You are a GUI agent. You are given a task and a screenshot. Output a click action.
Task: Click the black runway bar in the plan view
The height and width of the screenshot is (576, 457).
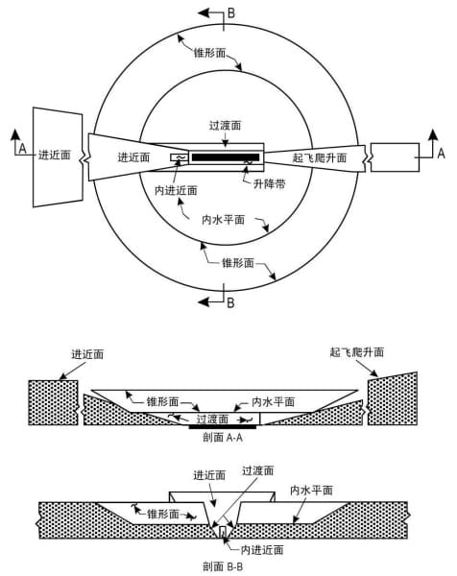pos(226,157)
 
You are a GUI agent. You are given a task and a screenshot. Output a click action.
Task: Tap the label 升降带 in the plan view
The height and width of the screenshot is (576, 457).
pos(269,183)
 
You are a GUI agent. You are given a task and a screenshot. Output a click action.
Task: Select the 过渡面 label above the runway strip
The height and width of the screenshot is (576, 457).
pos(226,126)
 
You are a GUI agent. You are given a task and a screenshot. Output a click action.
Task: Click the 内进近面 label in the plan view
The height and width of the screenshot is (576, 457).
pos(176,190)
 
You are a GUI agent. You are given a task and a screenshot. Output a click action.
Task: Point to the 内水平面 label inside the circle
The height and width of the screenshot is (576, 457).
pos(224,220)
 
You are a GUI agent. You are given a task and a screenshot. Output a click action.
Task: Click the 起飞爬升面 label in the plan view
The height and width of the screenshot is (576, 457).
pos(320,157)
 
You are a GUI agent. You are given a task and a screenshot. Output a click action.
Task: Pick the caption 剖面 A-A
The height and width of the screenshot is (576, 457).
pos(223,438)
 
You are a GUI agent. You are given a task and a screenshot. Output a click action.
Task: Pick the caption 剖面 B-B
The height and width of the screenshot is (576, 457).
pos(223,566)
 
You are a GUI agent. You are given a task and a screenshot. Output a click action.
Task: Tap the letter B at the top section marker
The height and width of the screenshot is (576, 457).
pos(231,13)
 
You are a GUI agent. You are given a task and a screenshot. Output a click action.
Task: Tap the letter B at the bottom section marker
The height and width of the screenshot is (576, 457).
pos(230,302)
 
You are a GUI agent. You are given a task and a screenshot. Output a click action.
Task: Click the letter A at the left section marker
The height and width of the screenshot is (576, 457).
pos(23,149)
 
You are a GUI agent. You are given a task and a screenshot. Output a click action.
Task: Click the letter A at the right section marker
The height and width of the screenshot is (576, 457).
pos(442,153)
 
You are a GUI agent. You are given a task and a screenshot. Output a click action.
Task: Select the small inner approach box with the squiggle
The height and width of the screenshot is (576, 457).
pos(179,157)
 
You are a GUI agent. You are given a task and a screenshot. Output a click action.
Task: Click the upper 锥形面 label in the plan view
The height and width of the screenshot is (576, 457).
pos(209,53)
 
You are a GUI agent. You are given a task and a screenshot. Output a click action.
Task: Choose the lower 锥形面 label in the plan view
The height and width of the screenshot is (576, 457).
pos(238,263)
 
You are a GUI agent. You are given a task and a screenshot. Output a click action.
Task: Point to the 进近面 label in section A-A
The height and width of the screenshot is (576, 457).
pos(87,354)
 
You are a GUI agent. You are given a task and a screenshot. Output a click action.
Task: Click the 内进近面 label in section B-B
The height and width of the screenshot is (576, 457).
pos(262,549)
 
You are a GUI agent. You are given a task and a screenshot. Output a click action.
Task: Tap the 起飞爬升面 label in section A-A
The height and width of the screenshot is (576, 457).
pos(357,352)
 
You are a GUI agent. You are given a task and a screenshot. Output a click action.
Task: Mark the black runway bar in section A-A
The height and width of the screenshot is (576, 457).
pos(223,427)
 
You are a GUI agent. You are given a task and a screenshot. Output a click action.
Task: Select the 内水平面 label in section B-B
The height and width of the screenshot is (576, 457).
pos(311,490)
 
